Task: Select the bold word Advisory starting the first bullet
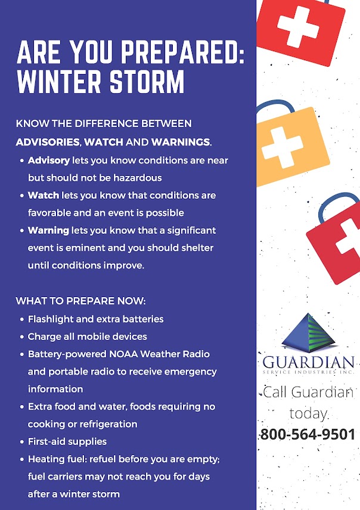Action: (x=49, y=160)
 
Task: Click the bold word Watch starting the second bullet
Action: (x=44, y=195)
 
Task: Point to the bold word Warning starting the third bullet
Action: (x=49, y=230)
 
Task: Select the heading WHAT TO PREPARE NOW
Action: (x=80, y=301)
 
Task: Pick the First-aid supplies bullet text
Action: (x=67, y=441)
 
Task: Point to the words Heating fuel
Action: (x=58, y=459)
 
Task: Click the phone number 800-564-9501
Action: (x=308, y=434)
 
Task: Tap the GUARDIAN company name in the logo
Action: (x=308, y=362)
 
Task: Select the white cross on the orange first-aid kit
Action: (x=282, y=147)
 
